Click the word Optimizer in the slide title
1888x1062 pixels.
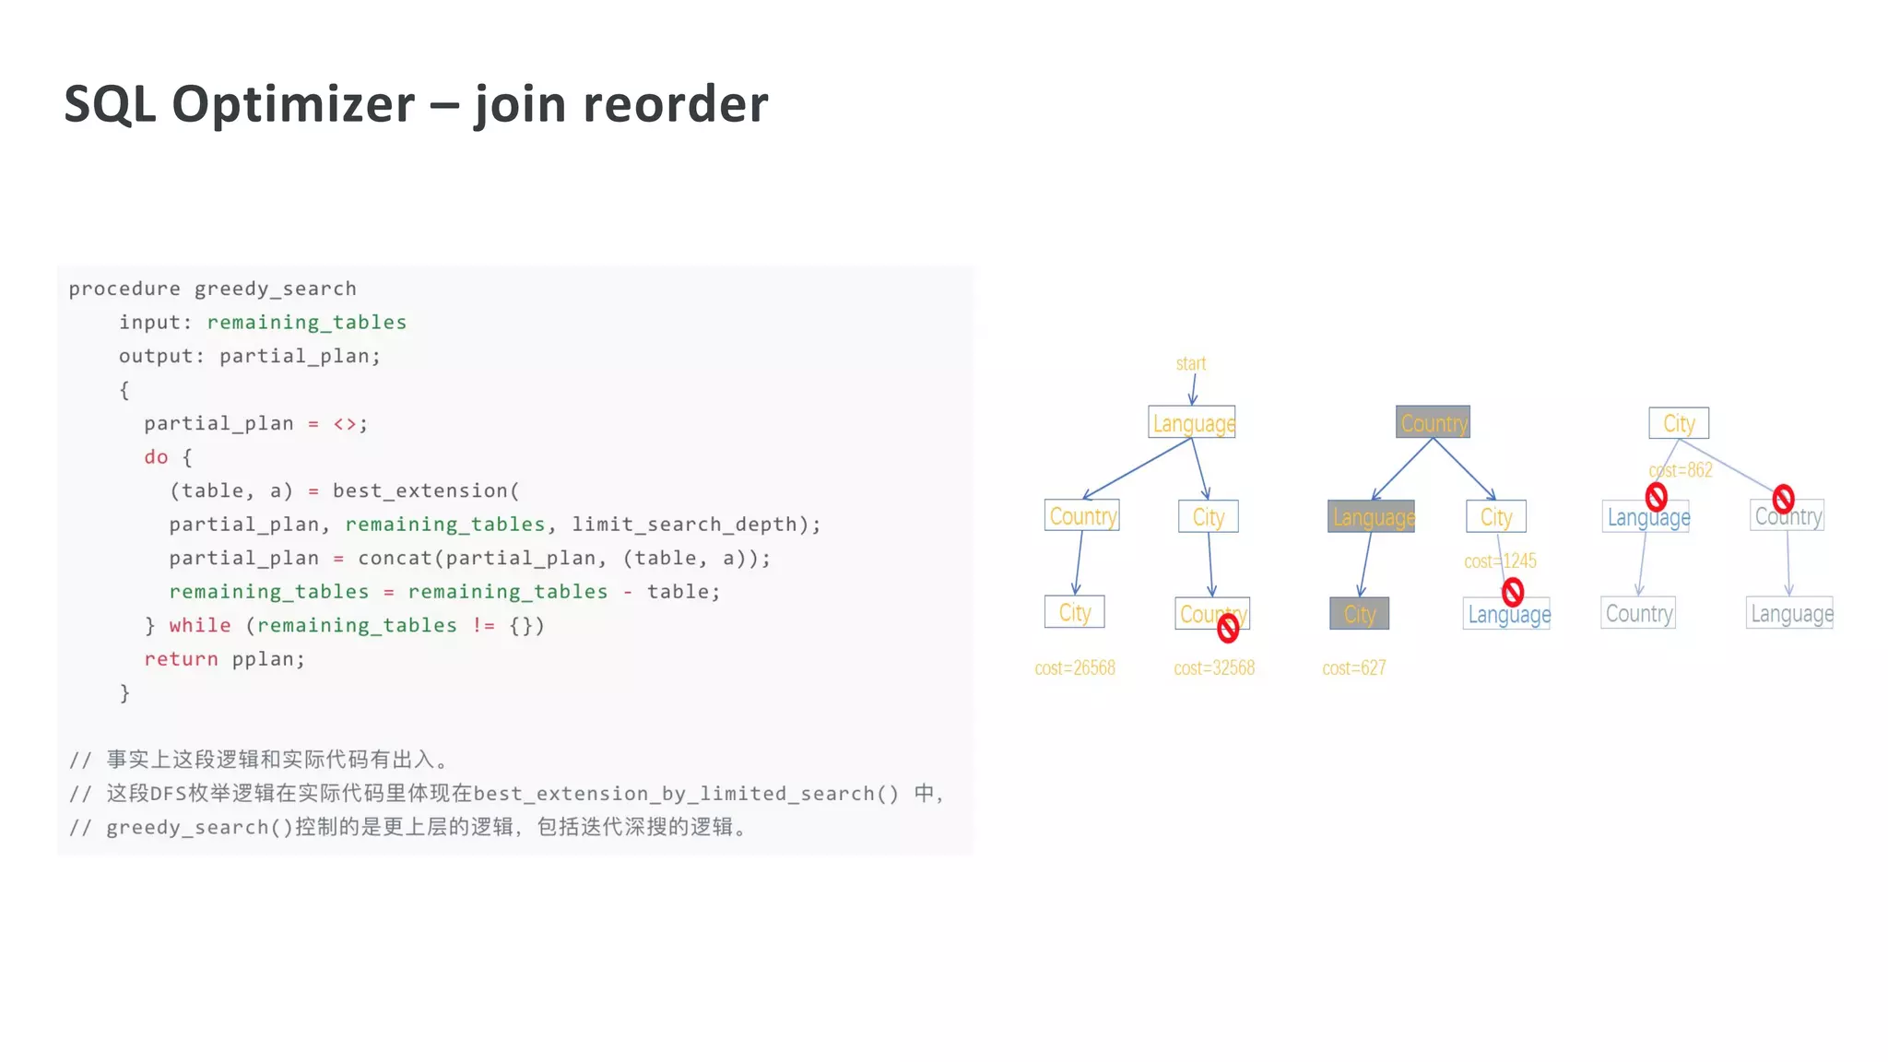[x=293, y=104]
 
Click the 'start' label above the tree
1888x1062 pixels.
[x=1190, y=364]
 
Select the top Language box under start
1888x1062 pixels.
[x=1192, y=423]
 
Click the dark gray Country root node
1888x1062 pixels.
[x=1433, y=422]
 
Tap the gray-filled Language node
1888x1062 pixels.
[x=1372, y=517]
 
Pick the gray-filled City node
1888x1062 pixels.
[x=1359, y=614]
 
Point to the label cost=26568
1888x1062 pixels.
[x=1075, y=668]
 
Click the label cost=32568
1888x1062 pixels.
[x=1214, y=668]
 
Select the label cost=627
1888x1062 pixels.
[x=1353, y=668]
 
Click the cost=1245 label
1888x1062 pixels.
[x=1500, y=561]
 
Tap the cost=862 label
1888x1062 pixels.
[x=1681, y=470]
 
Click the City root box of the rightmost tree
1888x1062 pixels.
[x=1679, y=423]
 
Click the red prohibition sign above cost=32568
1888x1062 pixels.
[x=1228, y=629]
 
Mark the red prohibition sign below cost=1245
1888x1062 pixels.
[x=1513, y=592]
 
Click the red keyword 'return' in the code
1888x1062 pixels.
[x=181, y=659]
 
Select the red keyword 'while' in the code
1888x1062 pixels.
[x=200, y=626]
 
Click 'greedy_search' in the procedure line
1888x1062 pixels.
[x=275, y=289]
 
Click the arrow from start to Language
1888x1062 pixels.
[x=1193, y=389]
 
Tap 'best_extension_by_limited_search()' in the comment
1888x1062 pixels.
[x=686, y=794]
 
